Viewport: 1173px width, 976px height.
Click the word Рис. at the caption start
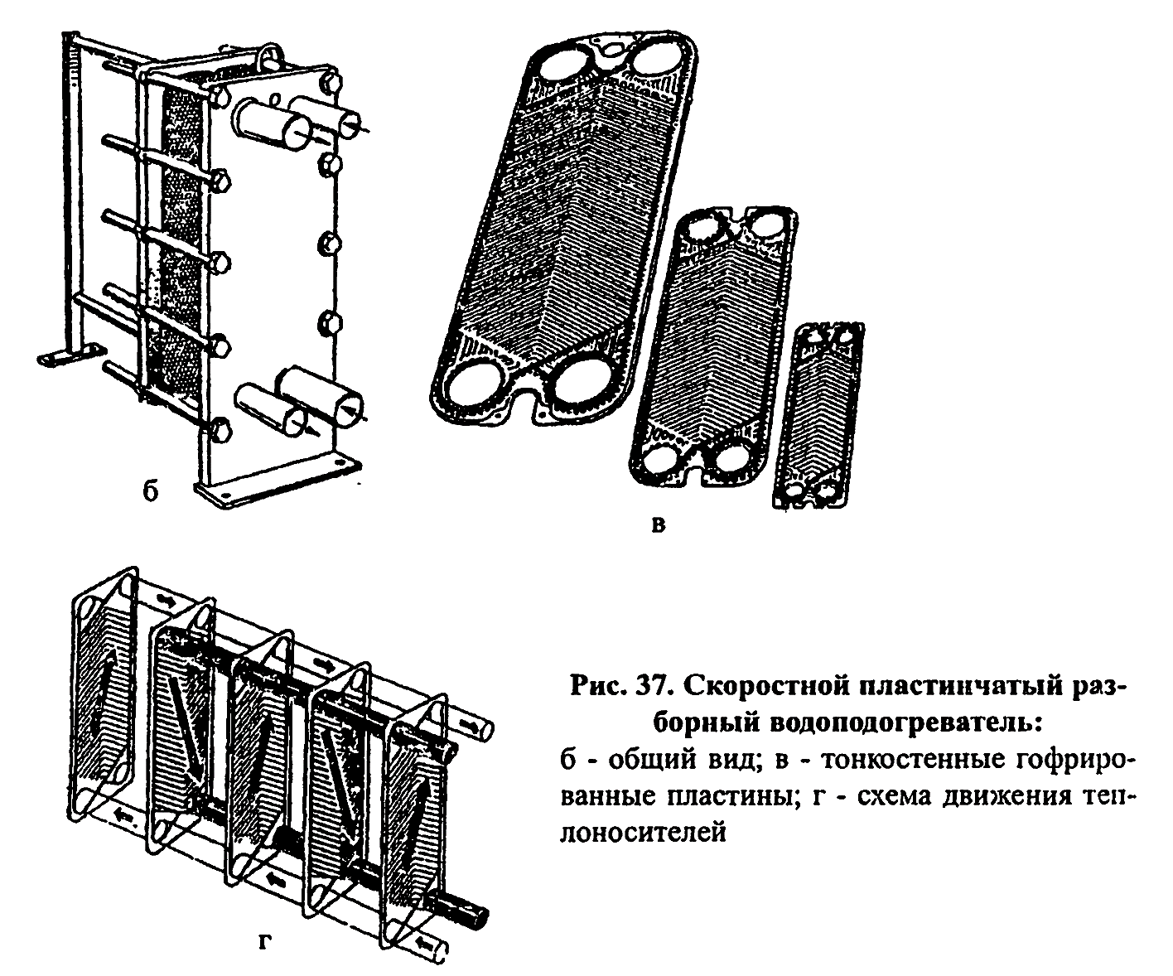(x=595, y=688)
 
